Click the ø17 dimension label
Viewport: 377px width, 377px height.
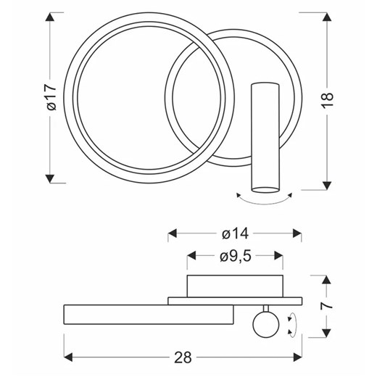[51, 97]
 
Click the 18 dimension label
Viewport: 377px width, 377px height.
[328, 99]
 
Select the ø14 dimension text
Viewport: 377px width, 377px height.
[235, 233]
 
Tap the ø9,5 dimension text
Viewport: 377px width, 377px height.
[236, 256]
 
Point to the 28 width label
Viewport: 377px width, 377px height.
[183, 357]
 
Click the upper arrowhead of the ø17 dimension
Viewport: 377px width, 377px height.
[50, 17]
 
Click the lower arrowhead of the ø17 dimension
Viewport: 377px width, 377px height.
[50, 178]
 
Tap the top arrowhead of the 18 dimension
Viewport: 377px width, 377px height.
[327, 17]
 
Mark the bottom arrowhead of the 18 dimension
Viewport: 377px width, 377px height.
[327, 185]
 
